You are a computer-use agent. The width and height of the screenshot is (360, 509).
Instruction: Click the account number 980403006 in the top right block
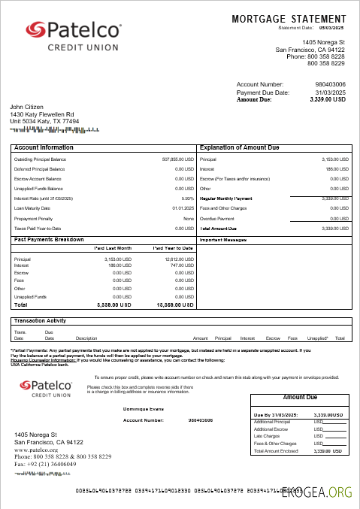(330, 84)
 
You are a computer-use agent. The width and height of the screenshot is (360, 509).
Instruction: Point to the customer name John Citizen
(28, 107)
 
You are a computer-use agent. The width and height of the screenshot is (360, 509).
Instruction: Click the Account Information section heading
(44, 147)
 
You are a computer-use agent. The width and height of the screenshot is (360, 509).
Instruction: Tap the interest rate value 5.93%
(188, 198)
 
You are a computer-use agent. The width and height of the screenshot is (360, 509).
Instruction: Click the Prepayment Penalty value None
(189, 218)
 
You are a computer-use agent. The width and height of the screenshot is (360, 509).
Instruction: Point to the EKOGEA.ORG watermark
(318, 492)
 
